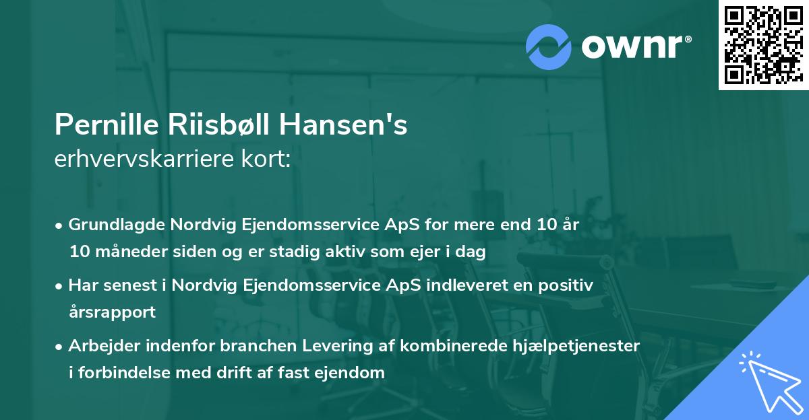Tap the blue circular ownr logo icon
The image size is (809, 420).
pyautogui.click(x=548, y=46)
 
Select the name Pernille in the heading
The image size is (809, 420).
pyautogui.click(x=98, y=125)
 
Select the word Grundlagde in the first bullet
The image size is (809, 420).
pyautogui.click(x=110, y=224)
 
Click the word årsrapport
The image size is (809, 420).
pyautogui.click(x=112, y=312)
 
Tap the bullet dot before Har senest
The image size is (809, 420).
pyautogui.click(x=59, y=285)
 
